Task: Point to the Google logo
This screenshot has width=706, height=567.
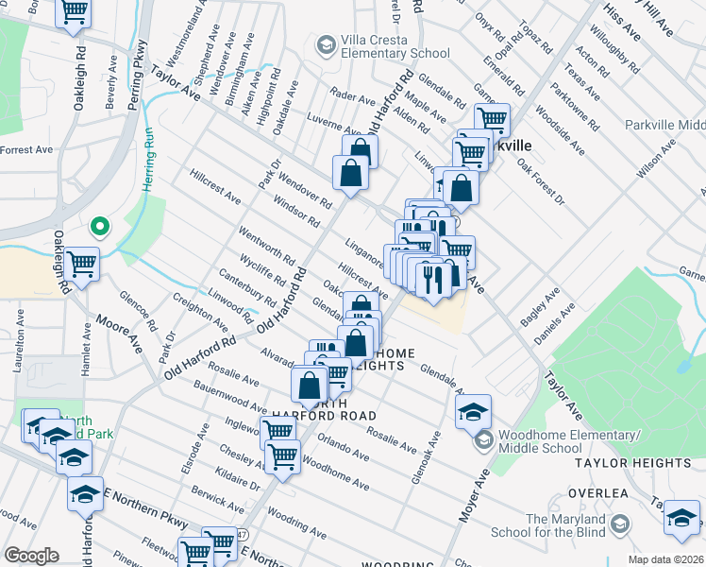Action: coord(31,556)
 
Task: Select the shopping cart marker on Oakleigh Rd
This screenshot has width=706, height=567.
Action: coord(82,266)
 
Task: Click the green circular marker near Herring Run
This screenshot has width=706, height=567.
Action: coord(98,227)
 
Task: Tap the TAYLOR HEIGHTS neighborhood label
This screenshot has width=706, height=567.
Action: coord(646,463)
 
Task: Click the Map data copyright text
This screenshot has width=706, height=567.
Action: coord(666,559)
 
